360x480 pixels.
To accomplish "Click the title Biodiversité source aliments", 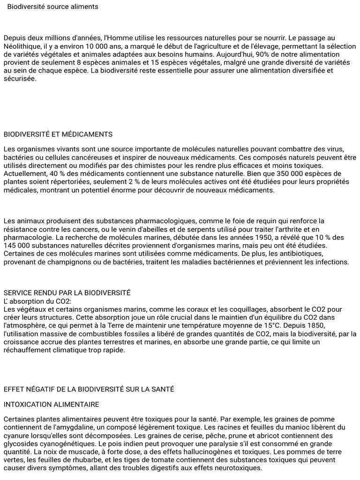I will (x=52, y=7).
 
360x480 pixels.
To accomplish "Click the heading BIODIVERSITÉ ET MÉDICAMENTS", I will (x=58, y=135).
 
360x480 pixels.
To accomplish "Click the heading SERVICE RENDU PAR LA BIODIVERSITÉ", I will (x=67, y=292).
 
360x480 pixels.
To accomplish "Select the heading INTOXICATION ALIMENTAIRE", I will (x=52, y=404).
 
